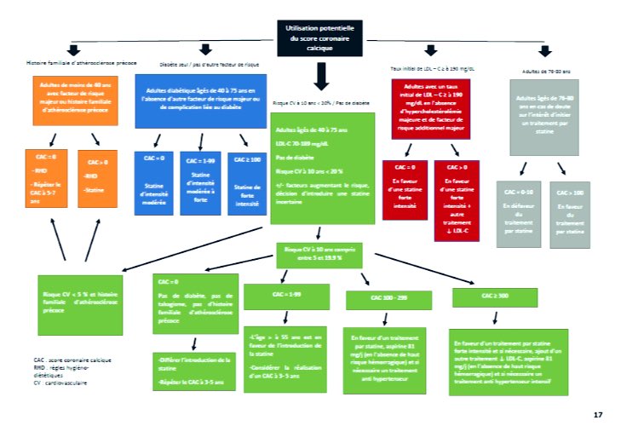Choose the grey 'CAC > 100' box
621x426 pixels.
point(569,212)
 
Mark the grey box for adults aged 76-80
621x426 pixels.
point(543,116)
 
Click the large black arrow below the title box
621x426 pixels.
point(320,79)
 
